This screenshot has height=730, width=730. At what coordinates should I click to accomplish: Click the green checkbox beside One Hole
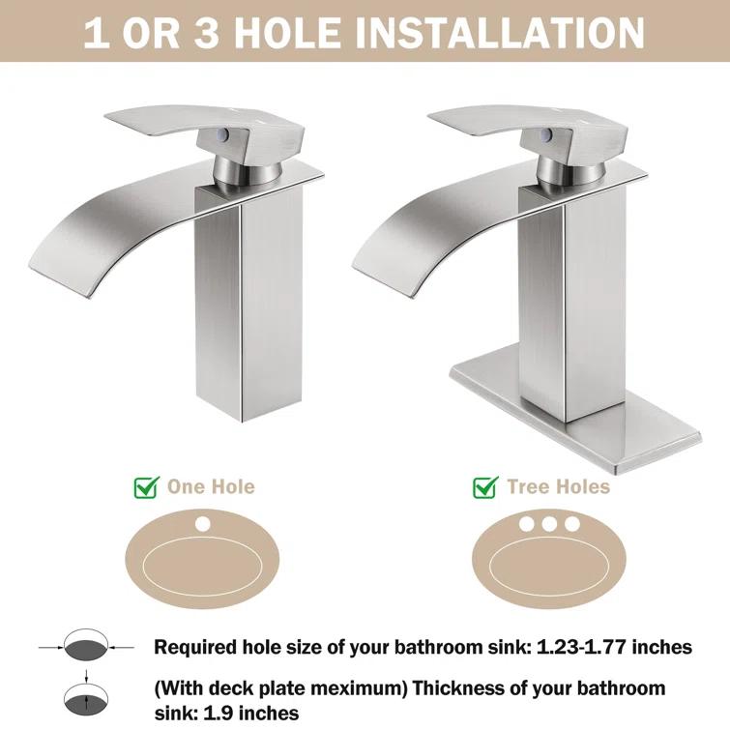(146, 486)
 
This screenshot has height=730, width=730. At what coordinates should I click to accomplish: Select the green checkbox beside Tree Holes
(485, 486)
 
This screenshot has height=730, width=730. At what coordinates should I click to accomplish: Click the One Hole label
(212, 486)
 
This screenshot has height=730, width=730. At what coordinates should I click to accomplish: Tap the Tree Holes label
(559, 486)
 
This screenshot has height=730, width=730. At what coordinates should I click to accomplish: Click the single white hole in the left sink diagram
(203, 525)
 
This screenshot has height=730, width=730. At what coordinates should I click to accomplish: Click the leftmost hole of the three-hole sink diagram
(528, 525)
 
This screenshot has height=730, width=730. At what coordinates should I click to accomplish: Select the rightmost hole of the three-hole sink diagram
(572, 525)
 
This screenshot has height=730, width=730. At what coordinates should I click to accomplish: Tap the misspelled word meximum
(307, 688)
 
